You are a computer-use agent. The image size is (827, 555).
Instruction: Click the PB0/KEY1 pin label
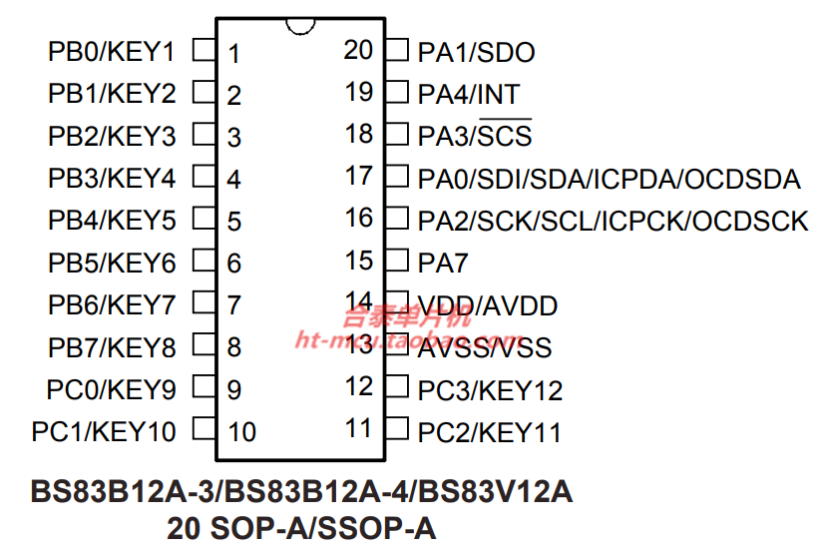click(x=112, y=51)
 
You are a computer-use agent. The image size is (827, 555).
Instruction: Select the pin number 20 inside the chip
click(x=358, y=49)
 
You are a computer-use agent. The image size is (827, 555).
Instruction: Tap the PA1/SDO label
click(x=476, y=52)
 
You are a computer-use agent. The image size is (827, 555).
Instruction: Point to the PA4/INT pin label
click(x=469, y=94)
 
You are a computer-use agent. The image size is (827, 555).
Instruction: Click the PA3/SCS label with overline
click(x=475, y=136)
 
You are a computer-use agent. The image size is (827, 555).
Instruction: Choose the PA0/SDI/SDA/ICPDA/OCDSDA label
click(x=609, y=179)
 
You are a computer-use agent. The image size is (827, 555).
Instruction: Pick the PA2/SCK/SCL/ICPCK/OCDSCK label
click(x=613, y=221)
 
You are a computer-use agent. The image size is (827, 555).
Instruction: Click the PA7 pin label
click(x=443, y=263)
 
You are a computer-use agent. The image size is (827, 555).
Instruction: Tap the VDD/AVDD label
click(x=488, y=305)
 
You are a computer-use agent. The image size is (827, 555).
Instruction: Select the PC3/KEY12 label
click(x=490, y=390)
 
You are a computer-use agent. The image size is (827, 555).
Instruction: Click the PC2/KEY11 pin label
click(x=489, y=432)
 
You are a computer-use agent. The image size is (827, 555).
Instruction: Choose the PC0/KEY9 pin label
click(x=112, y=389)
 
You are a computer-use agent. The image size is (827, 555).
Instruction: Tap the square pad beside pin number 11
click(x=397, y=430)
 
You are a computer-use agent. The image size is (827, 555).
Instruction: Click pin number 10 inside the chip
click(x=242, y=432)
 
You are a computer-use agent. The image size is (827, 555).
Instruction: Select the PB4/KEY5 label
click(x=112, y=220)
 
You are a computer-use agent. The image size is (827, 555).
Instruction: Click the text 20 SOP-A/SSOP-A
click(x=301, y=527)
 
